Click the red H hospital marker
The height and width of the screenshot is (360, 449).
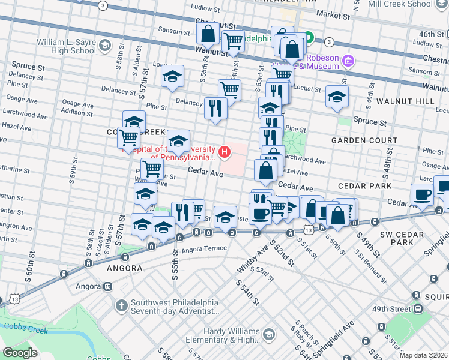coord(225,152)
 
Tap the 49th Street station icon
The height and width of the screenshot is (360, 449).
coord(417,308)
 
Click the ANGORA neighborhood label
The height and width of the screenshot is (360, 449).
coord(124,268)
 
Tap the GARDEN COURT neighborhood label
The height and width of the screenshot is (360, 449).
coord(364,140)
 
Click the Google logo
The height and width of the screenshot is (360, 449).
coord(20,353)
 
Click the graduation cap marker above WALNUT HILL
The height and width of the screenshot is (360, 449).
coord(337,96)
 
